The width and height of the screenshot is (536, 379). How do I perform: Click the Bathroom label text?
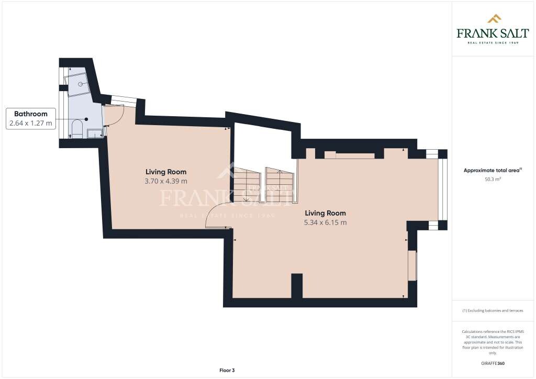click(x=31, y=114)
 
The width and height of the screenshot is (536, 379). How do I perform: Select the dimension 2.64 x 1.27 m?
click(x=31, y=124)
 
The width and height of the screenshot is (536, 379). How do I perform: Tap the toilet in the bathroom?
click(x=76, y=129)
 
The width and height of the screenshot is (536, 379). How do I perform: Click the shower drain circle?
click(x=80, y=83)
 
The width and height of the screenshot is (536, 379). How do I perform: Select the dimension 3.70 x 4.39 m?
click(x=166, y=181)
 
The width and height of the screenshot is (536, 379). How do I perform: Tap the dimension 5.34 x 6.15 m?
click(x=325, y=222)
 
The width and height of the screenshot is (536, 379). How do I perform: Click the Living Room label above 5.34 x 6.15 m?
click(x=325, y=213)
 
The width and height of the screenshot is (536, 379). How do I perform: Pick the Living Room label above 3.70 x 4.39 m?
click(x=166, y=172)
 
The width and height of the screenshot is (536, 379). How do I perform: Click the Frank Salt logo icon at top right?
click(x=494, y=19)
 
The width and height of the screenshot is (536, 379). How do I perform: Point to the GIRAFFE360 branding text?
click(x=493, y=363)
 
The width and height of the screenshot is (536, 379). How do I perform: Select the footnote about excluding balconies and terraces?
click(x=493, y=310)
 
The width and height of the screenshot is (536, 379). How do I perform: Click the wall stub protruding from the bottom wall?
click(x=297, y=285)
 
